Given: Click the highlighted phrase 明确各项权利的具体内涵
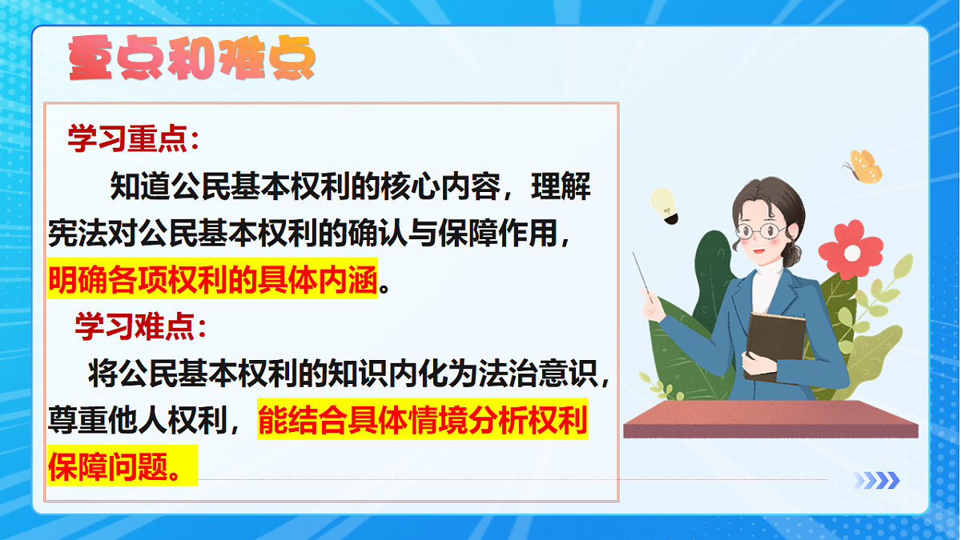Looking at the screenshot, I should point(212,281).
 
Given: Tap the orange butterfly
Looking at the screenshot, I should point(863,166).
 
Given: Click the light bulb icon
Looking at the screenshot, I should point(664,205).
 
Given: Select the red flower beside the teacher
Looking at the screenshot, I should point(851,250).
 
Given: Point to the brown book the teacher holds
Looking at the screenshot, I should point(774,344).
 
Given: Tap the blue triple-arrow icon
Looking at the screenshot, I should point(876,480).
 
